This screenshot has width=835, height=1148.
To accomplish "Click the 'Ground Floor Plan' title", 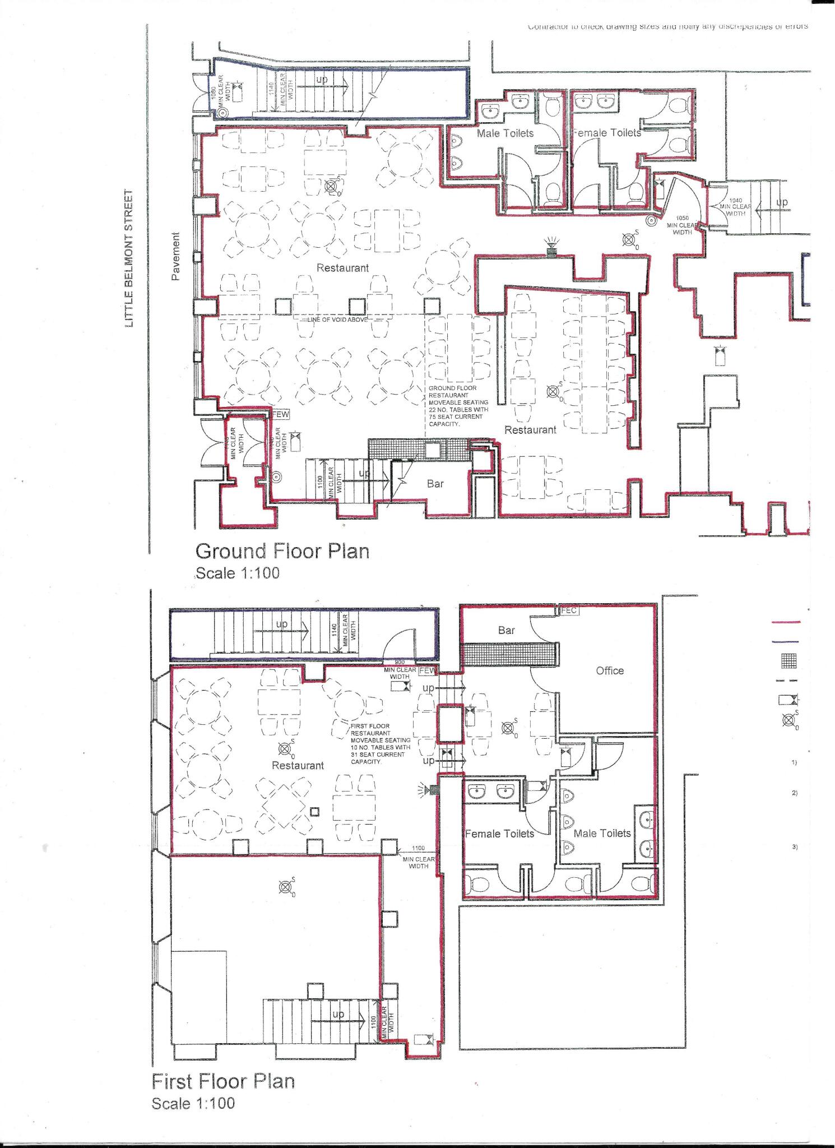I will (x=282, y=551).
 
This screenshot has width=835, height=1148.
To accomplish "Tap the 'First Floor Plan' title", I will (x=223, y=1081).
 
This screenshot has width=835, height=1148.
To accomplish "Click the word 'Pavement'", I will (x=176, y=256).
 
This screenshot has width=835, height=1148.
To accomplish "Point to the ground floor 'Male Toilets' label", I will (x=505, y=133).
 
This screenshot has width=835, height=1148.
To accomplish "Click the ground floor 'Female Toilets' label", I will (x=606, y=133).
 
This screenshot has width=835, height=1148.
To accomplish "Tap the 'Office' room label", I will (x=610, y=670).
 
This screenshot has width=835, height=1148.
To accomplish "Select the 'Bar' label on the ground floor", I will (x=435, y=484).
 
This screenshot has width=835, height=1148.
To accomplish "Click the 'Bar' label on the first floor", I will (x=506, y=630).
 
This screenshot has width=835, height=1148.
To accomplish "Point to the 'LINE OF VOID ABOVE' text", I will (x=337, y=320).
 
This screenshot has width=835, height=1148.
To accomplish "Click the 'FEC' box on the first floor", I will (x=568, y=611).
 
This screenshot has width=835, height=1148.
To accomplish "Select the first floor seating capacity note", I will (x=381, y=744).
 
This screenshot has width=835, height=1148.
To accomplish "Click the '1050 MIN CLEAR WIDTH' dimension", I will (x=681, y=225).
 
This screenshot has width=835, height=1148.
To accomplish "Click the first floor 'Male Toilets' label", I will (x=602, y=834).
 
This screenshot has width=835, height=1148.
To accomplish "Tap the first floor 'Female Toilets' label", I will (x=499, y=834).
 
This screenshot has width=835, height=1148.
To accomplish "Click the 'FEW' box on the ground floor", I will (x=280, y=415).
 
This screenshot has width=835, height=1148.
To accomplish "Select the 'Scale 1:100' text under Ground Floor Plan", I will (x=237, y=573).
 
